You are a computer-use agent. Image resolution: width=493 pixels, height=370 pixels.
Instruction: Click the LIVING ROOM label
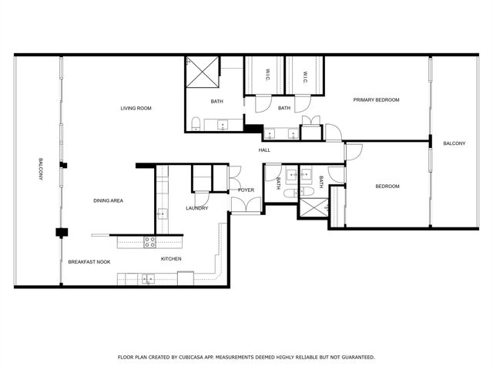136,109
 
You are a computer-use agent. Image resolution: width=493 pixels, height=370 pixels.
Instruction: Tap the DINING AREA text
109,200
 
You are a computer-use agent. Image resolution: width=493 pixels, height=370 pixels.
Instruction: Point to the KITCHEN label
171,259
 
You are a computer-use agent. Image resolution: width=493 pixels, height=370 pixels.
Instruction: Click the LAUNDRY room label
197,208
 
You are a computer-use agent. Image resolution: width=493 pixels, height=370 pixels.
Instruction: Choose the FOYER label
246,190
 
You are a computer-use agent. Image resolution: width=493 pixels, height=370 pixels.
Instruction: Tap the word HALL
264,150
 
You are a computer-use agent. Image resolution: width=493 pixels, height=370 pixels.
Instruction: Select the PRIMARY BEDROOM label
376,100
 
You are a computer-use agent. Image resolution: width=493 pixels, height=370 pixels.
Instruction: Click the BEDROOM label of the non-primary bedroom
387,186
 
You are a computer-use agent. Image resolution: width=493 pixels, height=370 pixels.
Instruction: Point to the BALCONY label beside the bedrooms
454,143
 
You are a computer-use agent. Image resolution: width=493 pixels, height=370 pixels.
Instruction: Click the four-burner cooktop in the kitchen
151,241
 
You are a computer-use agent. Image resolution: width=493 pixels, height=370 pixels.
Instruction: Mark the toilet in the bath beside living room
196,123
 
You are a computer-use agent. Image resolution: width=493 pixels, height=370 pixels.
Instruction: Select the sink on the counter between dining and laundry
163,214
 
